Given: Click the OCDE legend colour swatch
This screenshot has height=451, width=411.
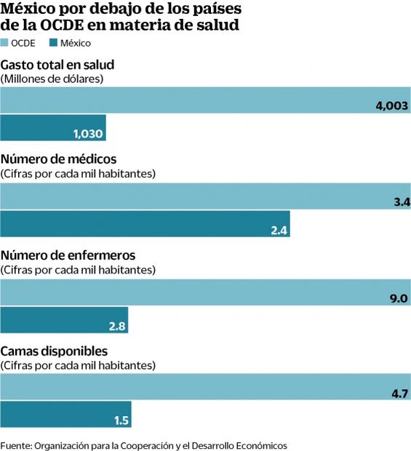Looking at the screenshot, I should (x=5, y=43).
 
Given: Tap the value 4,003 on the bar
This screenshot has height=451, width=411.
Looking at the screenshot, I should (x=392, y=106).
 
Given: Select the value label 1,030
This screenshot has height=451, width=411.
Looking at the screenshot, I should (x=89, y=134).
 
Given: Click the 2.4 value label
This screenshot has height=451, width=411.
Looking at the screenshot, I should (x=279, y=231).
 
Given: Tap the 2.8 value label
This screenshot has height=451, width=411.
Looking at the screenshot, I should (x=117, y=325).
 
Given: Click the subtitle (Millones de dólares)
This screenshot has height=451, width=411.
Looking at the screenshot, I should (x=52, y=78).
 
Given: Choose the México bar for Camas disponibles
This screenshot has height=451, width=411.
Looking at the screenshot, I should (x=65, y=415).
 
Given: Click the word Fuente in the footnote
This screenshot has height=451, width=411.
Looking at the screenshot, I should (x=15, y=444).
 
